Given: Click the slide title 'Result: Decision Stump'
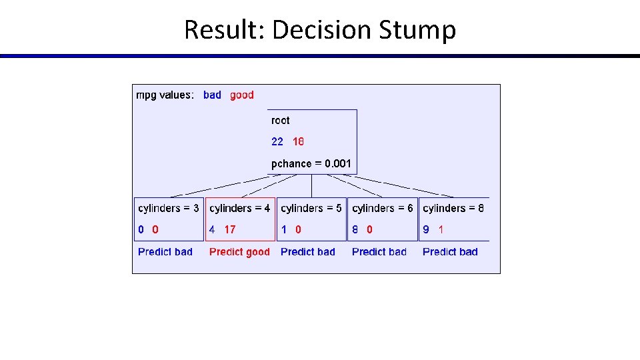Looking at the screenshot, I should tap(320, 30).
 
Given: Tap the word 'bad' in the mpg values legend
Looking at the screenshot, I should tap(212, 95).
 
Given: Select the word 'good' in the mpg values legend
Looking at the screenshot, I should tap(242, 95).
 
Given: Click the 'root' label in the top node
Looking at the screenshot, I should tap(281, 121).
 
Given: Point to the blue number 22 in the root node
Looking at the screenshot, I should tap(277, 141).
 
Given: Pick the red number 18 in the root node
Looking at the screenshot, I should tap(298, 141).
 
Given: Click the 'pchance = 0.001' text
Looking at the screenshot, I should tap(311, 163).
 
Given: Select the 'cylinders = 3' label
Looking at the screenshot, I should tap(168, 209).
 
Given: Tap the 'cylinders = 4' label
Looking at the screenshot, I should tap(240, 209).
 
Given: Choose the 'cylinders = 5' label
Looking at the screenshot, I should tap(311, 209).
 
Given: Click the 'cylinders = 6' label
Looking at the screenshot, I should tap(383, 209).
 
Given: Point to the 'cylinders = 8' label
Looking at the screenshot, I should tap(453, 209).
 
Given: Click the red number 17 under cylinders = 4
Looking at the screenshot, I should tap(230, 229).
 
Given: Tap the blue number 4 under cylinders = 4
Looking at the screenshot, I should tap(212, 229).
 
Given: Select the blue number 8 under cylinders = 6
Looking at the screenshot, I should tap(355, 229).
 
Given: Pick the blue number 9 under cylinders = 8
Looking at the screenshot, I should tap(426, 229).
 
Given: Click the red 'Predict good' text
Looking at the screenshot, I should tap(239, 252).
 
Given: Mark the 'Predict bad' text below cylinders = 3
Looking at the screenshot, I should tap(165, 252).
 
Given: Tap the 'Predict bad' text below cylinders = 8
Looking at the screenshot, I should tap(450, 252).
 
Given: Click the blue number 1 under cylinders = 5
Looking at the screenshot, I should tap(284, 229).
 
